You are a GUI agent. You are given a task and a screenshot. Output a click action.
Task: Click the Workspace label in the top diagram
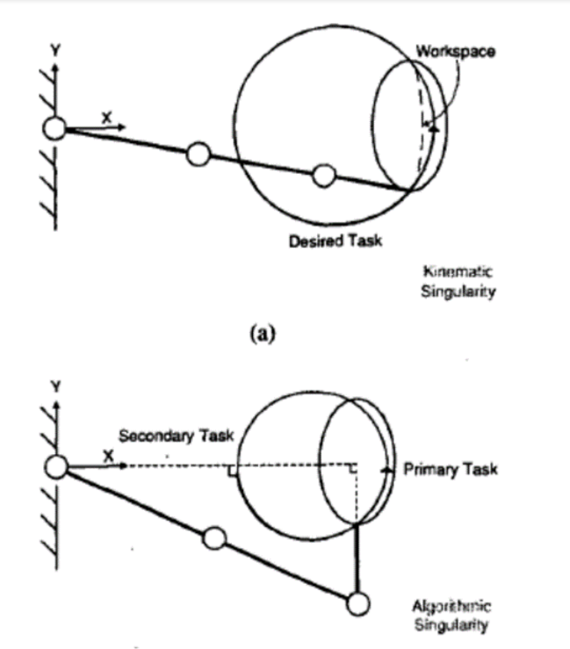455,52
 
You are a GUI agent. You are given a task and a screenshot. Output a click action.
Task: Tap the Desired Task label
336,241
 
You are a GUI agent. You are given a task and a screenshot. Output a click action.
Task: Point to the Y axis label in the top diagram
55,52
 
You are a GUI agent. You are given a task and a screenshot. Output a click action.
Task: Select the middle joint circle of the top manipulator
198,155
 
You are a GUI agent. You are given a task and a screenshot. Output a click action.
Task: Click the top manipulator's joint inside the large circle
324,177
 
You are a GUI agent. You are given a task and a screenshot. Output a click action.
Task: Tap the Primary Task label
450,469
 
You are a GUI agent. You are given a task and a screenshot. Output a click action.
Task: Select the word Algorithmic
452,606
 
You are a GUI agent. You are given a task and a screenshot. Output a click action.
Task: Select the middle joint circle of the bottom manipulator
213,537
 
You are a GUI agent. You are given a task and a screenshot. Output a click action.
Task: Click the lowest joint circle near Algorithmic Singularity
357,604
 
